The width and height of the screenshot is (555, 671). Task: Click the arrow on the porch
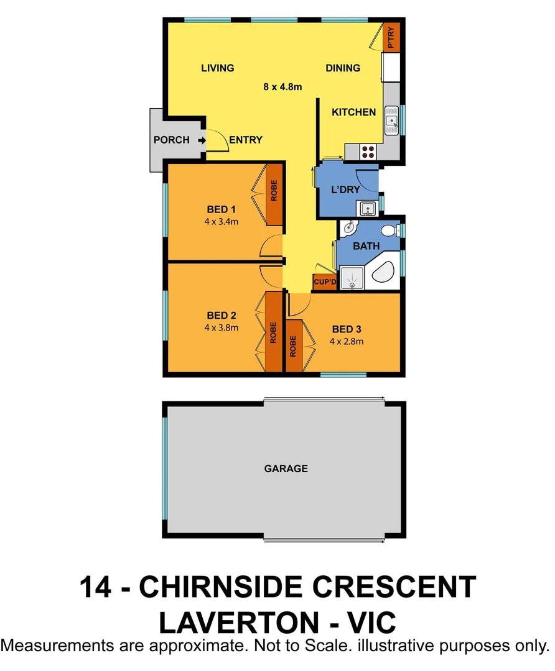coord(202,140)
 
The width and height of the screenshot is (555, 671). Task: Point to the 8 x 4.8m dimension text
coord(282,87)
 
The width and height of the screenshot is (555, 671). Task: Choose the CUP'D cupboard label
coord(324,283)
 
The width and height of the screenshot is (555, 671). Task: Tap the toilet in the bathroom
coord(389,231)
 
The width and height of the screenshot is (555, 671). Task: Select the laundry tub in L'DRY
coord(366,208)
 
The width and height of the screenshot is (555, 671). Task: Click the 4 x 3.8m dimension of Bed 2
coord(221,327)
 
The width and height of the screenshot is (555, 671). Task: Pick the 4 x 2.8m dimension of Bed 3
coord(347,341)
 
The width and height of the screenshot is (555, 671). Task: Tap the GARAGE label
coord(286,468)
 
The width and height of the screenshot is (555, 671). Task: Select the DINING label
coord(343,68)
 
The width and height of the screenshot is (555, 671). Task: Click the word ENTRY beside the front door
coord(246,140)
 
